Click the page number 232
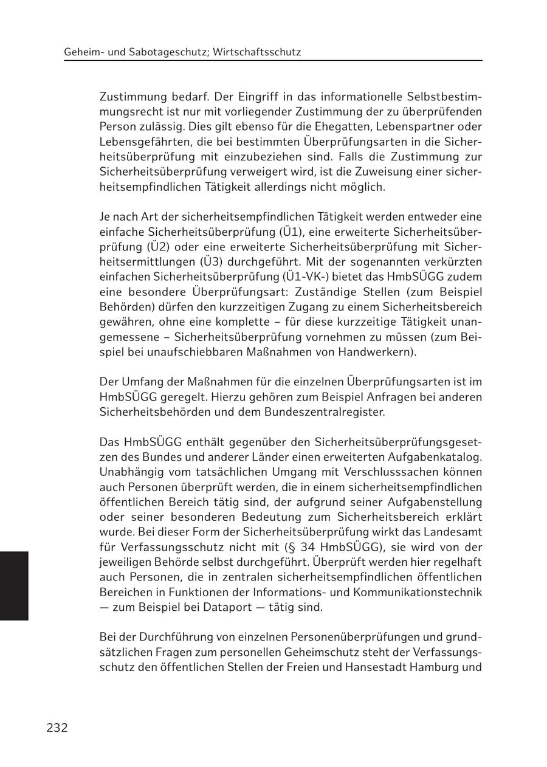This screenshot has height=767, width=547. click(x=57, y=728)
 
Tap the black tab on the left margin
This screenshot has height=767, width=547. click(x=14, y=585)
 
